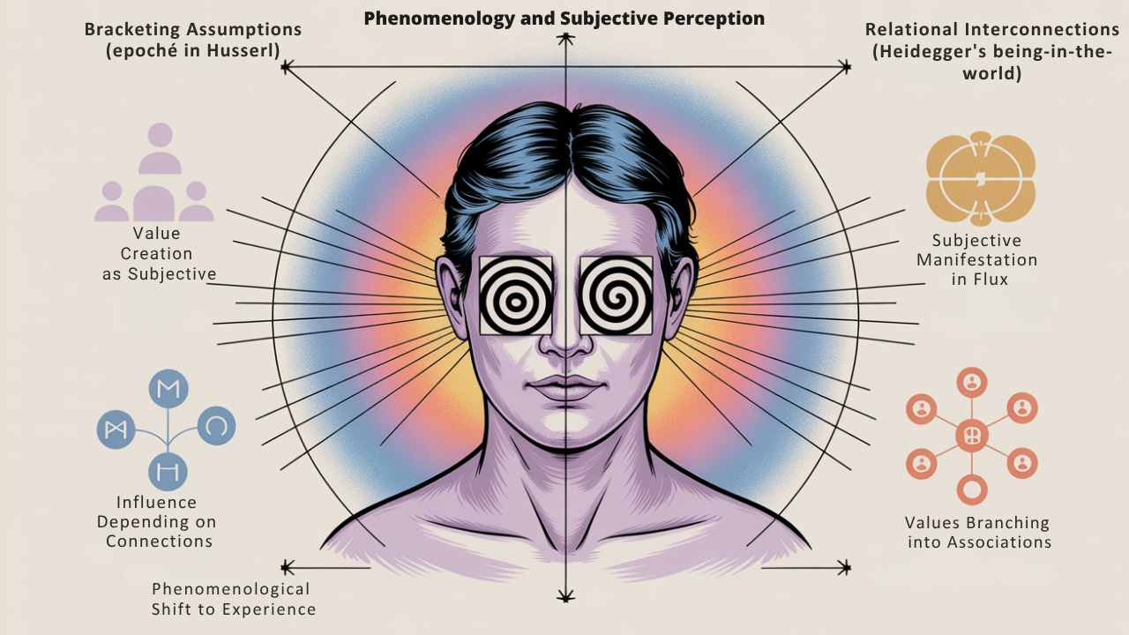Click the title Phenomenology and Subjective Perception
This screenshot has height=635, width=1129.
pyautogui.click(x=564, y=18)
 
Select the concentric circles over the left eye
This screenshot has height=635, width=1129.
pyautogui.click(x=516, y=295)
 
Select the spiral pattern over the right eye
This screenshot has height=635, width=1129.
pyautogui.click(x=616, y=295)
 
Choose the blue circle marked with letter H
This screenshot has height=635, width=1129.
pyautogui.click(x=167, y=471)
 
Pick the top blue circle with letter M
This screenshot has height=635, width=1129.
pyautogui.click(x=167, y=389)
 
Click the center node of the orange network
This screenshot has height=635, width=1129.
pyautogui.click(x=971, y=436)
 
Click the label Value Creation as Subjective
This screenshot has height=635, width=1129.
pyautogui.click(x=157, y=254)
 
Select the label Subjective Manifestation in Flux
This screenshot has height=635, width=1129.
pyautogui.click(x=976, y=260)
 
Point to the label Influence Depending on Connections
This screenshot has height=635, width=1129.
pyautogui.click(x=159, y=521)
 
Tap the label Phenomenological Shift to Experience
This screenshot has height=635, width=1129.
pyautogui.click(x=233, y=599)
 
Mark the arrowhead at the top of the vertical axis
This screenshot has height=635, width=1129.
pyautogui.click(x=564, y=39)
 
